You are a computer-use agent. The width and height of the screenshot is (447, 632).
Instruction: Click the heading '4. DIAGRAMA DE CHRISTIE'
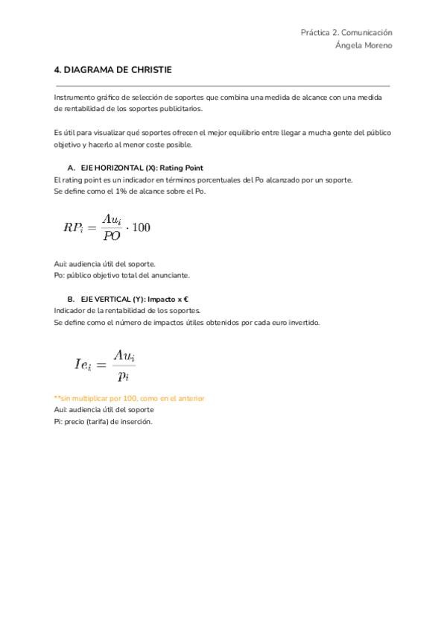[x=112, y=70]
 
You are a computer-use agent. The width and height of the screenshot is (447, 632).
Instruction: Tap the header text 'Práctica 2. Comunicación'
[x=346, y=33]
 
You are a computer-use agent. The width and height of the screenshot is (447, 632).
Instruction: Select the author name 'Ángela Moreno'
[x=364, y=45]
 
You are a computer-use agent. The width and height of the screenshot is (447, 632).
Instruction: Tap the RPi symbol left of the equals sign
[x=74, y=227]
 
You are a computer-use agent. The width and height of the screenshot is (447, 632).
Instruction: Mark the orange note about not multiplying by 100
[x=129, y=398]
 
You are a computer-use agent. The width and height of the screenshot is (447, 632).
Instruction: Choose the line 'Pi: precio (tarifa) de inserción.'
[x=103, y=422]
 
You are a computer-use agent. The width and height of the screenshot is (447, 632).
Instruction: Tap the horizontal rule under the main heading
[x=222, y=86]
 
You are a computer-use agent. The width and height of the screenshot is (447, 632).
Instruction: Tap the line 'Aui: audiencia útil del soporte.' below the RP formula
[x=104, y=263]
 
